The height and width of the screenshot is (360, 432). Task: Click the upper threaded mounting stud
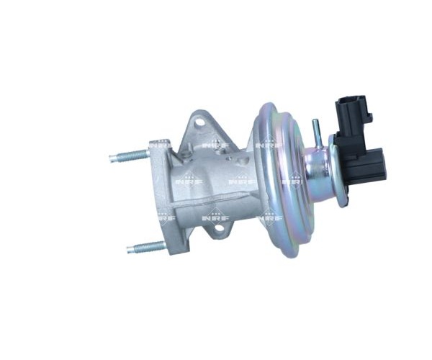click(x=130, y=156)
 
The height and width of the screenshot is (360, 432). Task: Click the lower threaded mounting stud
click(x=147, y=247)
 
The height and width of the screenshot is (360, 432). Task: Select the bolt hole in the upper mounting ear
click(x=199, y=124)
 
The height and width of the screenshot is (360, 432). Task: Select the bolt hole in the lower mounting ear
click(x=220, y=228)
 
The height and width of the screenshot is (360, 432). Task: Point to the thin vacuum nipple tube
click(x=318, y=133)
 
